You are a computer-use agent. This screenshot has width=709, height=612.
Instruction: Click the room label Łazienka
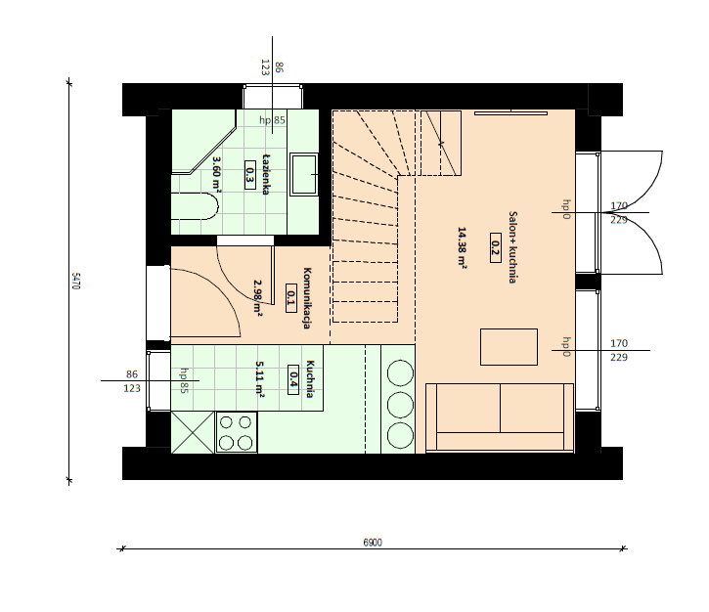click(266, 174)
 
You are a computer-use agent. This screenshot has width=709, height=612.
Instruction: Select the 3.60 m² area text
click(216, 174)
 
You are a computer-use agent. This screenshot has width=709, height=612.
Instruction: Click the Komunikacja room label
click(307, 298)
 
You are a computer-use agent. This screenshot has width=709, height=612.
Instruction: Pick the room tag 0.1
click(291, 298)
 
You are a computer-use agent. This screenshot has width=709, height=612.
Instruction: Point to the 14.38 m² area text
click(463, 247)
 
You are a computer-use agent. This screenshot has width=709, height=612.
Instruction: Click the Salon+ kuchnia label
click(512, 247)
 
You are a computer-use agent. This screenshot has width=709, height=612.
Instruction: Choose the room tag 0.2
click(496, 247)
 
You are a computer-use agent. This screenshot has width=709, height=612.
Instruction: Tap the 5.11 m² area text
click(260, 378)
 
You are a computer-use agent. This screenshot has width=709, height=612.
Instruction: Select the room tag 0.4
click(293, 379)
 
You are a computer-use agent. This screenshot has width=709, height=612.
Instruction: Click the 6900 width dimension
click(373, 543)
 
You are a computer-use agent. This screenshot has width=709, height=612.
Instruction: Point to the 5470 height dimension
click(76, 281)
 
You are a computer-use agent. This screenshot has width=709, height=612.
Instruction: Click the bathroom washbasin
click(303, 174)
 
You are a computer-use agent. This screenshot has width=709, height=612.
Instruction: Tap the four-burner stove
click(237, 432)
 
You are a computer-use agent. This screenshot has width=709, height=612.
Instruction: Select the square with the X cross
click(193, 432)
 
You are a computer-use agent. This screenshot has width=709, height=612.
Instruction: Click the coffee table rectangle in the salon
click(509, 347)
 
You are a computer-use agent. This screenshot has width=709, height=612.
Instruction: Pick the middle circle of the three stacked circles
click(400, 405)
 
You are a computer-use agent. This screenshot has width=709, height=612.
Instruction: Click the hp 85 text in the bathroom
click(272, 120)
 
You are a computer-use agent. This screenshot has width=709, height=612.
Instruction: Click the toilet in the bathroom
click(195, 206)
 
